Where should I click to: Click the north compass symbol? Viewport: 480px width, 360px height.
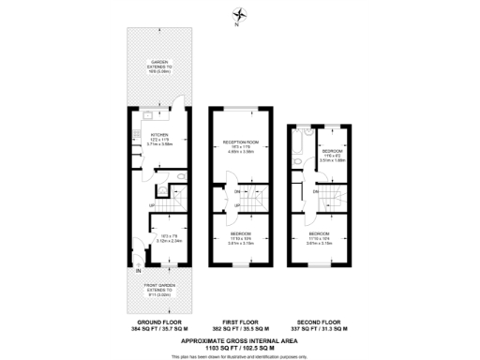click(x=241, y=14)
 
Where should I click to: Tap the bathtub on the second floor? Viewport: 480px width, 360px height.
click(x=297, y=142)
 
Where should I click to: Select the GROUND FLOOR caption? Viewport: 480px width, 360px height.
click(x=157, y=323)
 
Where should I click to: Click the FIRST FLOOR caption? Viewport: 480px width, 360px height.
click(x=241, y=323)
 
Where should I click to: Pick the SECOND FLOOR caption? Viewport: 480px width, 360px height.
click(x=322, y=323)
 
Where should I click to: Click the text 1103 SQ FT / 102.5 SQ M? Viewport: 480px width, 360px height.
click(x=241, y=347)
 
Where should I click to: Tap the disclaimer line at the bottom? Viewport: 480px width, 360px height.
click(x=241, y=356)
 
